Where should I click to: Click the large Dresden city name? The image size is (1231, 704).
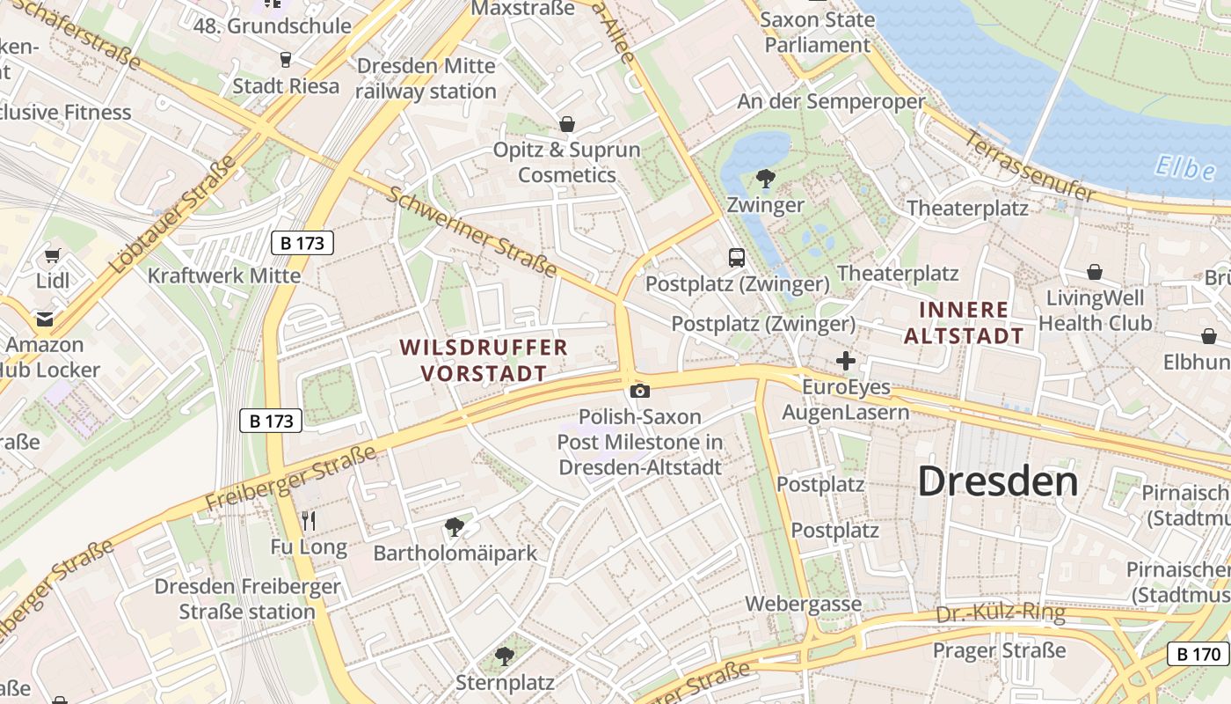pyautogui.click(x=998, y=481)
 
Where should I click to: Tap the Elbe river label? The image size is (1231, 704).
pyautogui.click(x=1184, y=167)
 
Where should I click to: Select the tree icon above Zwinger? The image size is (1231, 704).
pyautogui.click(x=766, y=179)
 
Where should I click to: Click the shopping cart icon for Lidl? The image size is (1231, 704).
pyautogui.click(x=52, y=256)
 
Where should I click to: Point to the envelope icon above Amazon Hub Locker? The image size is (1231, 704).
pyautogui.click(x=44, y=319)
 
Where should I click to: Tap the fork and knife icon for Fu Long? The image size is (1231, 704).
pyautogui.click(x=308, y=521)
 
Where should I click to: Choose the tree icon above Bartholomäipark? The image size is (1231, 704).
pyautogui.click(x=455, y=527)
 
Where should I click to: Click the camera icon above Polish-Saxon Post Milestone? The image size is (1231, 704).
pyautogui.click(x=640, y=391)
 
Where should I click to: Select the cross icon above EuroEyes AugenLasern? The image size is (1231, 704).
pyautogui.click(x=846, y=361)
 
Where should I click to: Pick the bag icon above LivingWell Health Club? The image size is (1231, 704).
pyautogui.click(x=1095, y=272)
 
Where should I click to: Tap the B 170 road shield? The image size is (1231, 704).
pyautogui.click(x=1198, y=654)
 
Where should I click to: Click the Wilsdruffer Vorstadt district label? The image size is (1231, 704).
pyautogui.click(x=484, y=360)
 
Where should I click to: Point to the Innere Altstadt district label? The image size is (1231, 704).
pyautogui.click(x=965, y=322)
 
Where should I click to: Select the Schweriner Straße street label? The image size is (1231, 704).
pyautogui.click(x=471, y=231)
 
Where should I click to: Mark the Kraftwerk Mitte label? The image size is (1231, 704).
pyautogui.click(x=223, y=275)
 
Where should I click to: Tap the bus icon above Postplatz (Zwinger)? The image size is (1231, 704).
pyautogui.click(x=737, y=258)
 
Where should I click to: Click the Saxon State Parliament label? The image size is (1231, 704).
pyautogui.click(x=817, y=32)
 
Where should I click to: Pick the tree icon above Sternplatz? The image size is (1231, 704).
pyautogui.click(x=504, y=656)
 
